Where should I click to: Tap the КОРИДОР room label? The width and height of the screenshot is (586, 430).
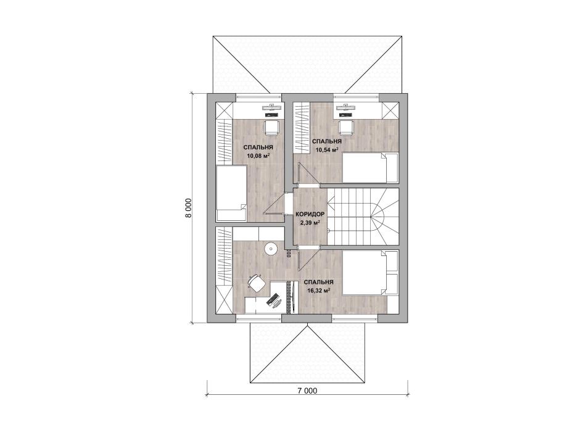310,215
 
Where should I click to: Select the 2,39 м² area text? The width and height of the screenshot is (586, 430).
310,223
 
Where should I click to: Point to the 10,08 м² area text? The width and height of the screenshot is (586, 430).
258,155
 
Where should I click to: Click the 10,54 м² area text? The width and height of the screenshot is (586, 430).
327,149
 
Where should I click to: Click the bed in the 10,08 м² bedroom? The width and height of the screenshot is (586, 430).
231,193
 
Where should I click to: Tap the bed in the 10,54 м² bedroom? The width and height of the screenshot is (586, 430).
371,168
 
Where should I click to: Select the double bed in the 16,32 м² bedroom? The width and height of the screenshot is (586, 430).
371,273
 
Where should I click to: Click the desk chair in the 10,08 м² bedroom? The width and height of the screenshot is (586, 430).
271,128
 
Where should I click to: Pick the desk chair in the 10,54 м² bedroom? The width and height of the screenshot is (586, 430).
345,128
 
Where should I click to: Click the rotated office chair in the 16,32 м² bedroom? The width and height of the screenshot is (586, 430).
256,283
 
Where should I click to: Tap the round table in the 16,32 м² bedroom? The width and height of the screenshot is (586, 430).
270,248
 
